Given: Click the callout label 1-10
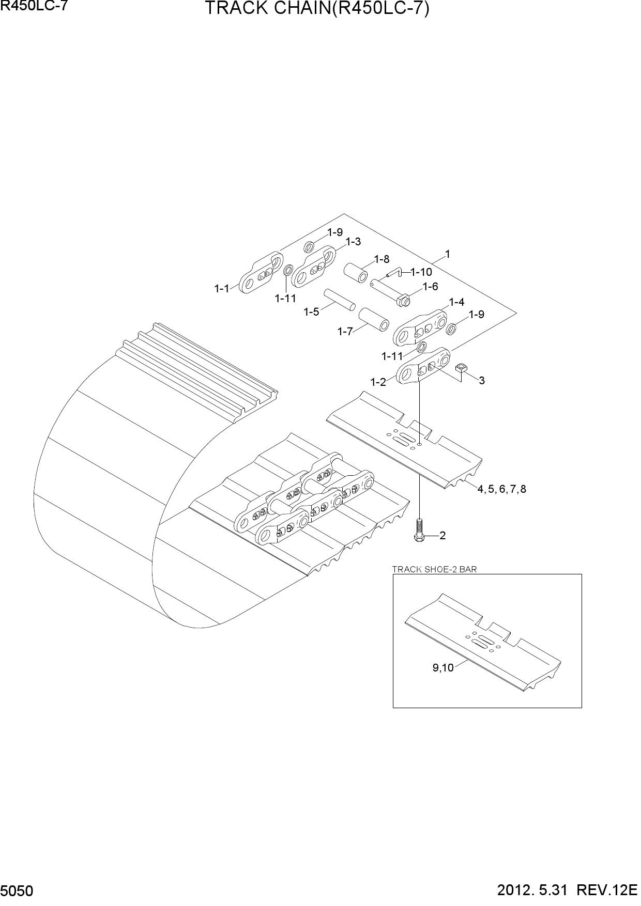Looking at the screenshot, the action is point(421,272).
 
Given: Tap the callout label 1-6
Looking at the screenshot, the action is point(430,287).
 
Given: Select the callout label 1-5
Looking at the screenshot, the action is point(311,312).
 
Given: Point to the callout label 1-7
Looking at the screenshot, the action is point(345,332).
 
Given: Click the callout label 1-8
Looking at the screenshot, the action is point(382,259).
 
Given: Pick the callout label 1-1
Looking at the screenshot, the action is point(222,289).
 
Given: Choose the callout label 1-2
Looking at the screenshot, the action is point(378,382).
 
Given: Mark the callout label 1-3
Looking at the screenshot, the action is point(353,242).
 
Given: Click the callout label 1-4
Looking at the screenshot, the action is point(456,302).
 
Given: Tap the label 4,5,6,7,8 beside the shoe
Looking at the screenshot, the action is point(501,489).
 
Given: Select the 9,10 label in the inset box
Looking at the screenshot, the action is point(443,668).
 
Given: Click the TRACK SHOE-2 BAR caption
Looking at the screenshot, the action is point(435,569).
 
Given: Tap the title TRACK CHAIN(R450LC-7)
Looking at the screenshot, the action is point(317,9).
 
